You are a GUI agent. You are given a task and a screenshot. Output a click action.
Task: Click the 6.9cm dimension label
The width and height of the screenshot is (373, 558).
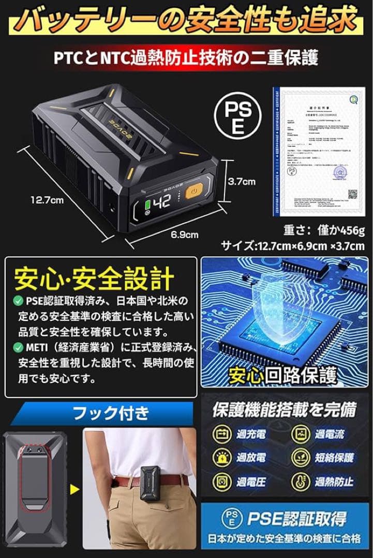point(185,234)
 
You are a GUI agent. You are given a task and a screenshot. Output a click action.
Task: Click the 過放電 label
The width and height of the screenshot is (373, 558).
point(252,458)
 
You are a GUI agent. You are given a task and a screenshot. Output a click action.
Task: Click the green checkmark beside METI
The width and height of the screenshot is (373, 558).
point(18,346)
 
